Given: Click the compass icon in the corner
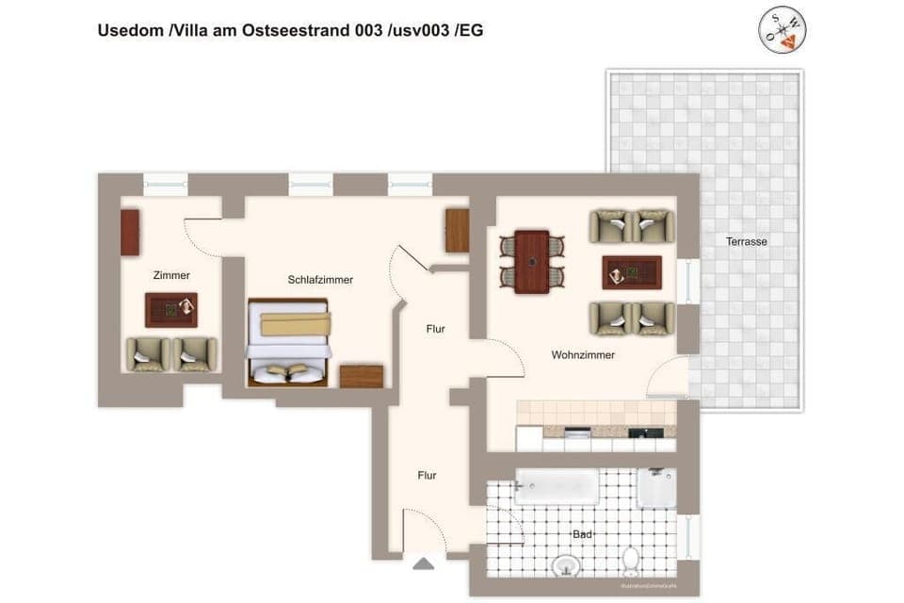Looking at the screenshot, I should click(x=783, y=30).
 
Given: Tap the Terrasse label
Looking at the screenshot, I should click(x=746, y=241).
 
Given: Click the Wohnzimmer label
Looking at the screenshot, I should click(x=583, y=355).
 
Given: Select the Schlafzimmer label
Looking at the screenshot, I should click(x=320, y=280).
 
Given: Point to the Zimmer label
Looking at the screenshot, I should click(x=171, y=275).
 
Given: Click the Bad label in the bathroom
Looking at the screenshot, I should click(x=582, y=534).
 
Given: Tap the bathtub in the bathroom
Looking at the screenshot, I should click(x=557, y=487).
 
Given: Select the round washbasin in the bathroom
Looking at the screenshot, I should click(x=566, y=564).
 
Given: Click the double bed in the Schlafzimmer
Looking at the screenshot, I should click(x=288, y=343).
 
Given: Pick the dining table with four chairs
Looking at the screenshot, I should click(x=531, y=262).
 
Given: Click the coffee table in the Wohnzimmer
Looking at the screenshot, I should click(x=631, y=272).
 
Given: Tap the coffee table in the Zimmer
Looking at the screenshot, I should click(x=171, y=309).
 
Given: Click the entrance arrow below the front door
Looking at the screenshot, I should click(x=424, y=563).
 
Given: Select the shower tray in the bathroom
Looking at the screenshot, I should click(x=656, y=488).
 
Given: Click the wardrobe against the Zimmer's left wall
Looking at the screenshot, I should click(x=130, y=233).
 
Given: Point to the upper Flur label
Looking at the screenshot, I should click(x=434, y=329).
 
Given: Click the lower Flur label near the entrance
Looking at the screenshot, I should click(x=427, y=476).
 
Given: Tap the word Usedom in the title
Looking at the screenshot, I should click(x=130, y=30).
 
